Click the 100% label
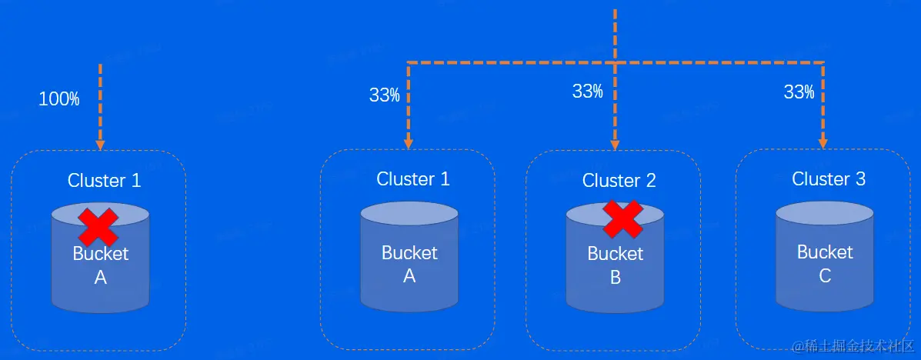[59, 98]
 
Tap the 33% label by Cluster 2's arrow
[587, 92]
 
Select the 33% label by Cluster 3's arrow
[799, 92]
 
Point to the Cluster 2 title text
[619, 181]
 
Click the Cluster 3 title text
[829, 179]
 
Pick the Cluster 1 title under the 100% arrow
[105, 181]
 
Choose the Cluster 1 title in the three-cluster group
[413, 179]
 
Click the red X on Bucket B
[622, 218]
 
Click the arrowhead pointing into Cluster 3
[823, 142]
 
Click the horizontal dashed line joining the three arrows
[508, 62]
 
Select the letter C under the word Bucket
[825, 275]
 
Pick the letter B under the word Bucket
[615, 278]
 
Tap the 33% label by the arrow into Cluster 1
[384, 95]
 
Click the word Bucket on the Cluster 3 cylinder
[825, 252]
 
